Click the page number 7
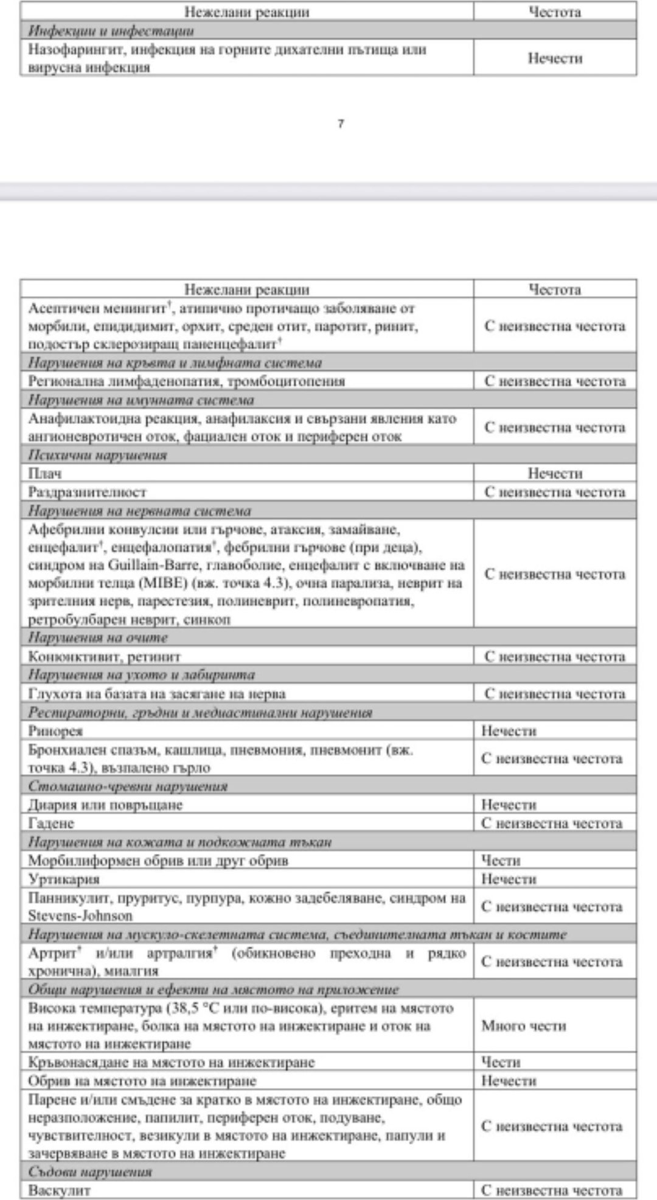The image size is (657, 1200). coord(341,124)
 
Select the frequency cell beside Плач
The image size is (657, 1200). coord(554,473)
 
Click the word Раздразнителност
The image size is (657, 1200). coord(87,492)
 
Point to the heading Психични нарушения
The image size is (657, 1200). coord(97,455)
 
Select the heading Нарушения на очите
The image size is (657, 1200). coord(98,637)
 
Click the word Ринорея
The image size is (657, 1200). coord(55,731)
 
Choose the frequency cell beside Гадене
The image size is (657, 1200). coord(551,824)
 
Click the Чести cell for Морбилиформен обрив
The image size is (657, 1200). coord(501,861)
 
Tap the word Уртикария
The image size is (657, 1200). coord(64,879)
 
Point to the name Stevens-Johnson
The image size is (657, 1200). coord(80,915)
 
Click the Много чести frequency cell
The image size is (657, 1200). coord(523,1026)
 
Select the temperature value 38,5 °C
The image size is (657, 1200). coord(197,1008)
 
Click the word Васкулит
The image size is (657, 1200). coord(59,1190)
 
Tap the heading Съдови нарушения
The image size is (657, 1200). coord(90,1171)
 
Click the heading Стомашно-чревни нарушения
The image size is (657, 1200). coord(128,786)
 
